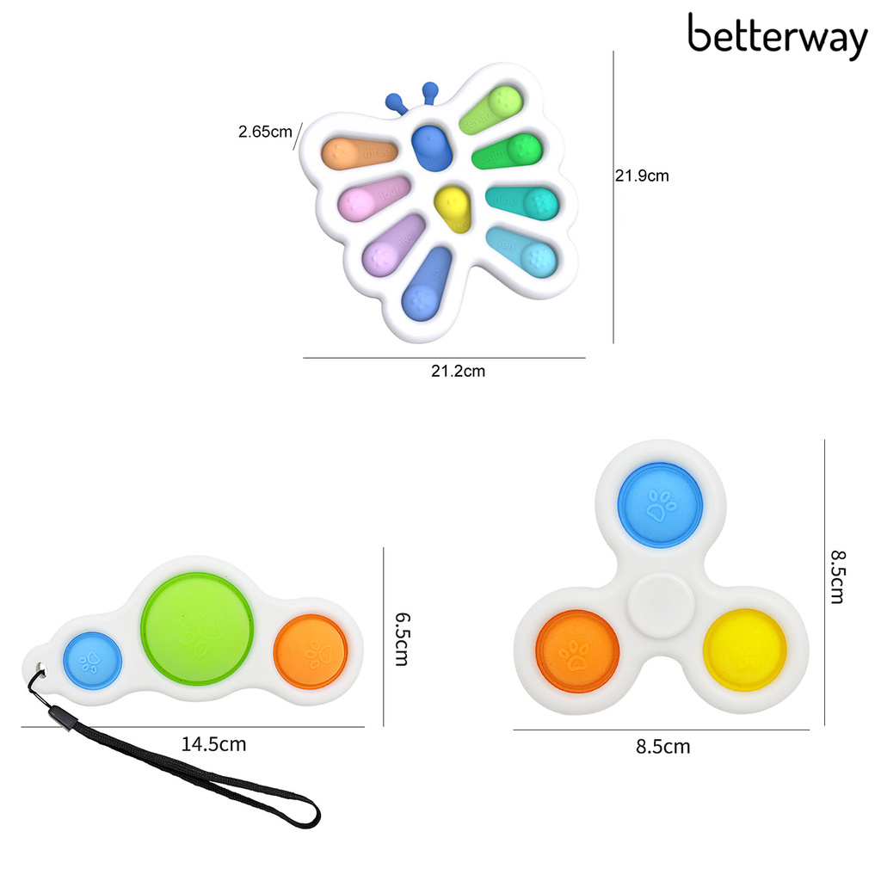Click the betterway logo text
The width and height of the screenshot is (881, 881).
click(777, 38)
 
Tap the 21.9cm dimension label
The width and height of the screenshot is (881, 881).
click(641, 176)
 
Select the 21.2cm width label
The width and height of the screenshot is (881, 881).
click(458, 372)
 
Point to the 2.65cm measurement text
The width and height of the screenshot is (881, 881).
click(265, 132)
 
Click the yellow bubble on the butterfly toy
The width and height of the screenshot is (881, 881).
click(453, 208)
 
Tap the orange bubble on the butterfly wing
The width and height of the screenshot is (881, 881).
click(358, 154)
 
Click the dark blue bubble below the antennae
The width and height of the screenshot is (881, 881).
click(430, 147)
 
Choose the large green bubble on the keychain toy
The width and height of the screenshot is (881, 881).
click(197, 626)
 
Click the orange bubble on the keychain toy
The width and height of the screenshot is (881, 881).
click(310, 651)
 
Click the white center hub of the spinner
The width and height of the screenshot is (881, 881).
click(661, 606)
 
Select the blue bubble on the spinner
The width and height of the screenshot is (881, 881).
click(662, 505)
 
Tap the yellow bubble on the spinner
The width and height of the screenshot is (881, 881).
click(744, 650)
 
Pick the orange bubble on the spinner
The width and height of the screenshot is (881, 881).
click(577, 652)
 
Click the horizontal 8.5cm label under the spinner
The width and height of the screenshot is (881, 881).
click(662, 746)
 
